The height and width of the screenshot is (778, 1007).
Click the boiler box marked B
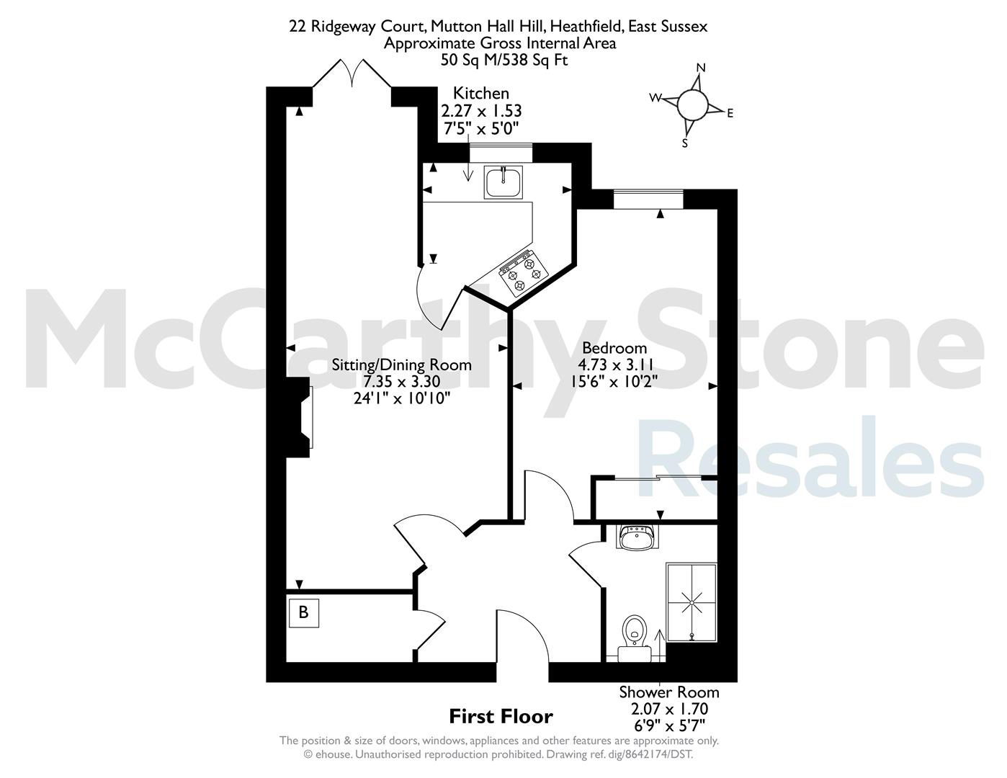[303, 613]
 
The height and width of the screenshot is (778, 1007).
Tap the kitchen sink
[504, 182]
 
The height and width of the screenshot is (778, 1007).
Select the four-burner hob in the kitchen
[523, 274]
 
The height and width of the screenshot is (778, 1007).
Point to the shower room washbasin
[637, 537]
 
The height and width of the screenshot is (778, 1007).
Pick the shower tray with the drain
[692, 602]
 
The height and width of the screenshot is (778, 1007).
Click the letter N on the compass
[701, 68]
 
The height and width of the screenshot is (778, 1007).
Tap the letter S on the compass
[684, 143]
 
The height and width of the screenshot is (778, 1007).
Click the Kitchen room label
[480, 94]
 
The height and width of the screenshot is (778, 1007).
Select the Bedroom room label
[614, 348]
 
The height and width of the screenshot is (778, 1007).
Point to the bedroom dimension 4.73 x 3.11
[615, 365]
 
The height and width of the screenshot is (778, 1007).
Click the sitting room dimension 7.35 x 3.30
[401, 381]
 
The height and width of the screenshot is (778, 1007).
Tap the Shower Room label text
[669, 692]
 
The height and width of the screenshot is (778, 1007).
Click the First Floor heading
[501, 716]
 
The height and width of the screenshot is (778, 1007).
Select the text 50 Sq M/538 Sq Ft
[504, 61]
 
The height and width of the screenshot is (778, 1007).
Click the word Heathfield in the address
[586, 27]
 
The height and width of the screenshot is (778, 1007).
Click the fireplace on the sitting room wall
[299, 418]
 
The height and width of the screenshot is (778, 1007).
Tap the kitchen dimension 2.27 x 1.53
[481, 111]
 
